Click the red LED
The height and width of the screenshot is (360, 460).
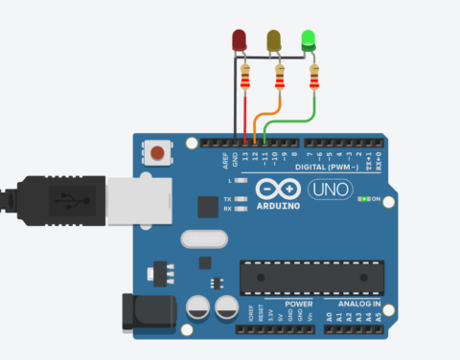click(240, 40)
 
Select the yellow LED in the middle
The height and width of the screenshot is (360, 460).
click(274, 40)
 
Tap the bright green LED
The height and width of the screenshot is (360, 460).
click(309, 40)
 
